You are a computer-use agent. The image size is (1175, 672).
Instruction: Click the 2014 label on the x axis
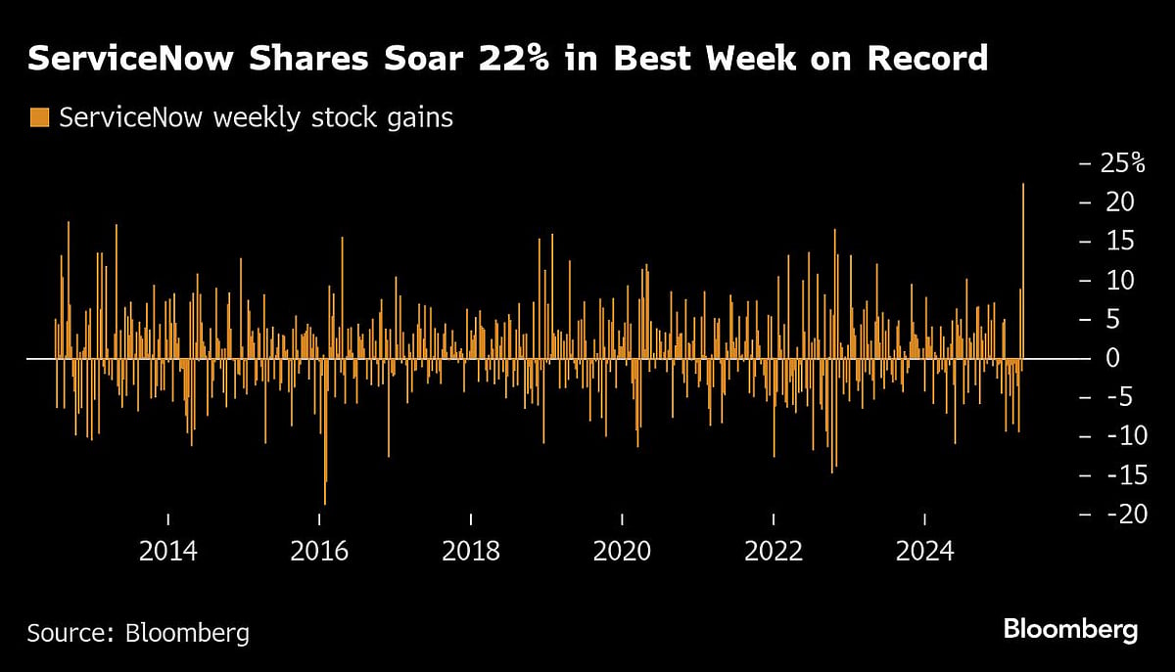tap(168, 551)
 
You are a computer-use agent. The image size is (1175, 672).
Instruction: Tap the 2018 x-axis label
tap(471, 551)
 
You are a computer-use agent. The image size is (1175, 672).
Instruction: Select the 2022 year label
tap(774, 551)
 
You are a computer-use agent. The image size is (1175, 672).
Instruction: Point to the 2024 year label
tap(925, 551)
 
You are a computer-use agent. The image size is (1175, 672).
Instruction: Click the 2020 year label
tap(623, 551)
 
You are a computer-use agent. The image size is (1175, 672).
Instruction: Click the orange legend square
tap(38, 118)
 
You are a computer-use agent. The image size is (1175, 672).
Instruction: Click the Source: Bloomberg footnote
tap(138, 633)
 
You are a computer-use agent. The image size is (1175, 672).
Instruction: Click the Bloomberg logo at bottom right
tap(1070, 629)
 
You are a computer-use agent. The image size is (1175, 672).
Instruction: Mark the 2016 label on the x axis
tap(320, 551)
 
